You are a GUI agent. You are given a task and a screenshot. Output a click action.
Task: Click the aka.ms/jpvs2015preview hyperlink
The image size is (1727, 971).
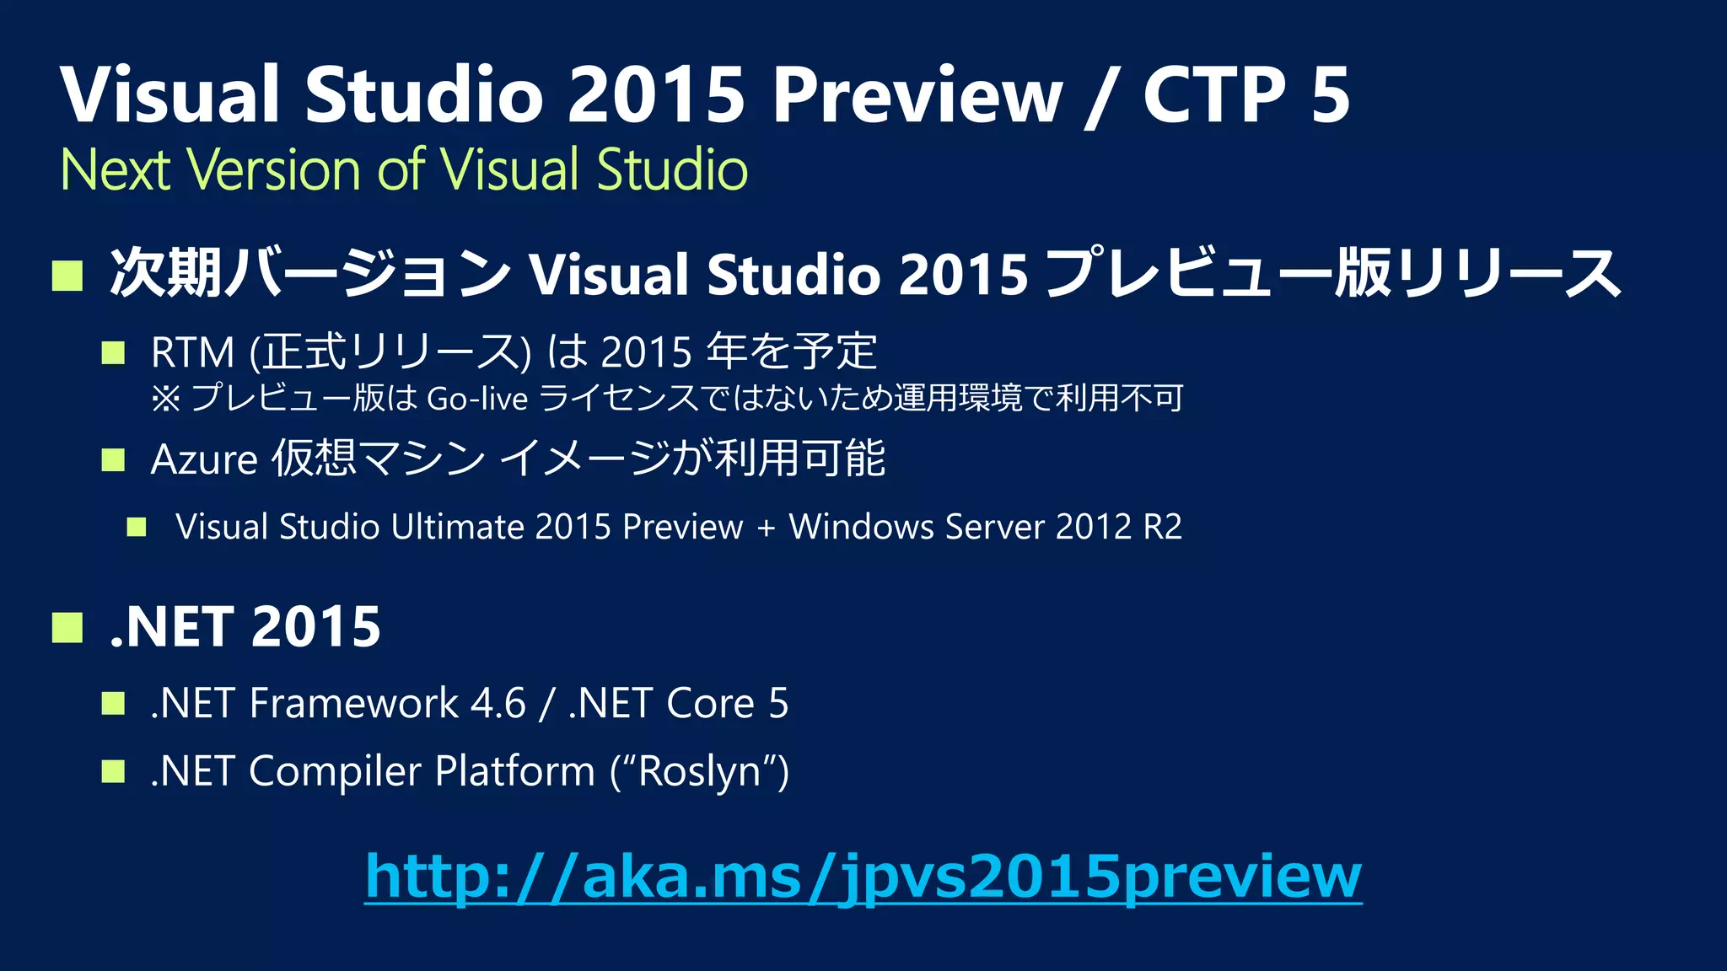pyautogui.click(x=863, y=877)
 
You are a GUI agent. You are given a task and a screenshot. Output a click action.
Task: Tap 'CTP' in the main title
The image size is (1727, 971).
pyautogui.click(x=1214, y=94)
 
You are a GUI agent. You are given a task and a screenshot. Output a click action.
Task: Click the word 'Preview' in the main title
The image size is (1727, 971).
pyautogui.click(x=917, y=94)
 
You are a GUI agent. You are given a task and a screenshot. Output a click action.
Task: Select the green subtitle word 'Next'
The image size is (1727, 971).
pyautogui.click(x=116, y=169)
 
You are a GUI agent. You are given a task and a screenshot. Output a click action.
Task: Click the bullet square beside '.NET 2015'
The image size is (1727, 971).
pyautogui.click(x=67, y=627)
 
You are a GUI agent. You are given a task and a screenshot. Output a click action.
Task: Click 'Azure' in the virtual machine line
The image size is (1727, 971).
pyautogui.click(x=203, y=459)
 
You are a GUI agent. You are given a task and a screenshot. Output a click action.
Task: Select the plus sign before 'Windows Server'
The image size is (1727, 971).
pyautogui.click(x=766, y=528)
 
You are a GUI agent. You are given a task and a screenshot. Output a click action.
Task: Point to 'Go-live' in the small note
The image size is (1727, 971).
pyautogui.click(x=477, y=398)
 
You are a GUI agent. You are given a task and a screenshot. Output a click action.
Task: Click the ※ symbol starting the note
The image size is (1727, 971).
pyautogui.click(x=165, y=398)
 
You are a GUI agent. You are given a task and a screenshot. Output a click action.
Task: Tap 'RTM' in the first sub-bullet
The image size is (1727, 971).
pyautogui.click(x=192, y=352)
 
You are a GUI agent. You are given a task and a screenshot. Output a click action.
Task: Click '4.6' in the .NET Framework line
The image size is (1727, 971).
pyautogui.click(x=498, y=703)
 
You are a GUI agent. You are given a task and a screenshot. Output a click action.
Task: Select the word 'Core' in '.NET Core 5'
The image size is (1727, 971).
pyautogui.click(x=710, y=703)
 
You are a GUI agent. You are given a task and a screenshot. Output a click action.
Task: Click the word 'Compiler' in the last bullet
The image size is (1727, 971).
pyautogui.click(x=334, y=771)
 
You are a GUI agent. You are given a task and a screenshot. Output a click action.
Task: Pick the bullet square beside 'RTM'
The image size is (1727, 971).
pyautogui.click(x=113, y=352)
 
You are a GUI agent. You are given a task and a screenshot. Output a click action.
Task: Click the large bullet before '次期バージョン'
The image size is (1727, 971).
pyautogui.click(x=67, y=275)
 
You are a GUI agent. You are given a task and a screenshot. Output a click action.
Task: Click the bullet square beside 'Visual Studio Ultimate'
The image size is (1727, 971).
pyautogui.click(x=137, y=528)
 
